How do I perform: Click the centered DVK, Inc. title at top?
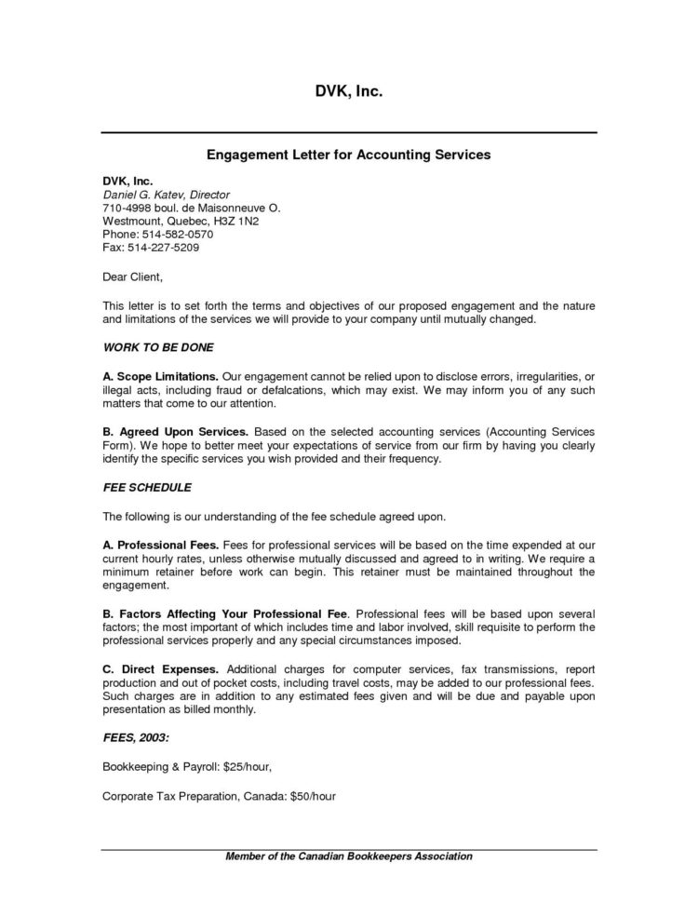(349, 92)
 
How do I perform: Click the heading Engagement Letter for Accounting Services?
(349, 154)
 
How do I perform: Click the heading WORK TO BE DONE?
(158, 347)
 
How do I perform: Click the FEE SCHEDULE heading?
(146, 487)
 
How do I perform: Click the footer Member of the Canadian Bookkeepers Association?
(349, 856)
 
